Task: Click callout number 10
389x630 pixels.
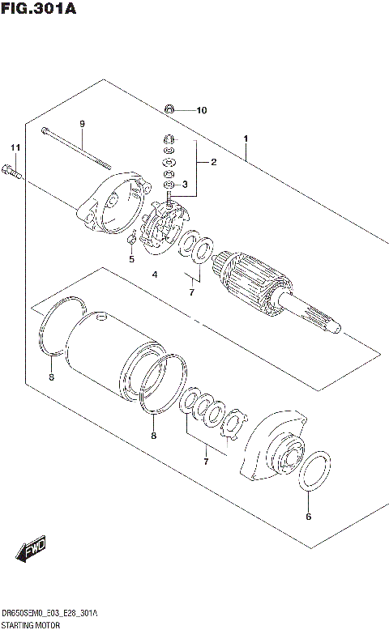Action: tap(201, 110)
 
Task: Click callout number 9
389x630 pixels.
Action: tap(82, 123)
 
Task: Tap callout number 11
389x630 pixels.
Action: tap(13, 147)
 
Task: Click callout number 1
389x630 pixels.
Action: tap(245, 138)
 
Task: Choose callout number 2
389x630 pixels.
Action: tap(213, 162)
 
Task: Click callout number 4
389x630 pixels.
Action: tap(153, 275)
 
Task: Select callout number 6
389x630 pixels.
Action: tap(307, 516)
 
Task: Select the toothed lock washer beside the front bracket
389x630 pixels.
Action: tap(233, 426)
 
